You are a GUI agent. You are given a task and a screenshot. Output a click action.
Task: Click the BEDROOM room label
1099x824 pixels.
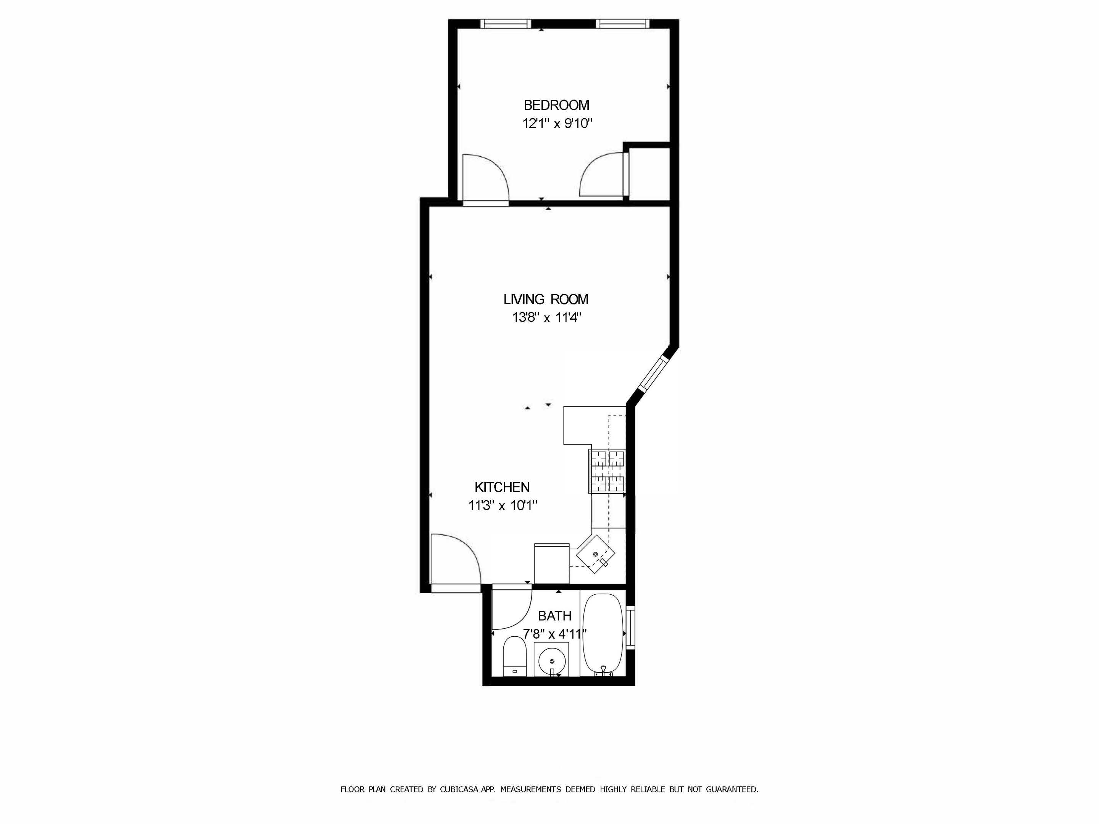click(556, 105)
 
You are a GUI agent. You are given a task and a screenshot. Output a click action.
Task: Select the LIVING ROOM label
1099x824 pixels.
click(546, 299)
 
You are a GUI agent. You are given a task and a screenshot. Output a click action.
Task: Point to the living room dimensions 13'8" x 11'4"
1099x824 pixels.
click(546, 317)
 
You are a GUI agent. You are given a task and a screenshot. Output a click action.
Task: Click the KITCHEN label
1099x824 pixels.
click(502, 487)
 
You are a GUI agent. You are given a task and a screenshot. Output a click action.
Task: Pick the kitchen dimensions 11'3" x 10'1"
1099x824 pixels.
click(503, 505)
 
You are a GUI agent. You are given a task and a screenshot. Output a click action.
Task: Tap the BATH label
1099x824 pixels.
click(554, 616)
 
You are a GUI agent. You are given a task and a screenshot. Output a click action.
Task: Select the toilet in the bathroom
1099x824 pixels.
click(515, 657)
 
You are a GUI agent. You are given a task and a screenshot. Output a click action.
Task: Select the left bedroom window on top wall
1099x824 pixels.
click(505, 24)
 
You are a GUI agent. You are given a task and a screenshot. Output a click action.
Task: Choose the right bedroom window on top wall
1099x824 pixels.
click(622, 24)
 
